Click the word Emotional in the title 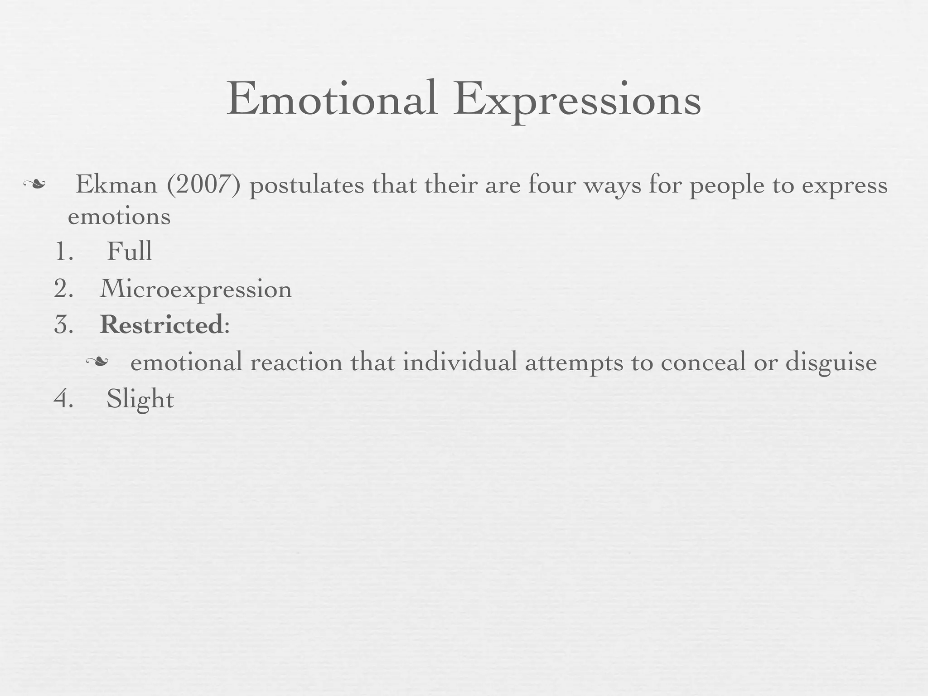click(332, 99)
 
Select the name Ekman click(116, 185)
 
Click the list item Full click(129, 251)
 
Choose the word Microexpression click(196, 289)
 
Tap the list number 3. click(63, 325)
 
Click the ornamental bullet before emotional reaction click(97, 362)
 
